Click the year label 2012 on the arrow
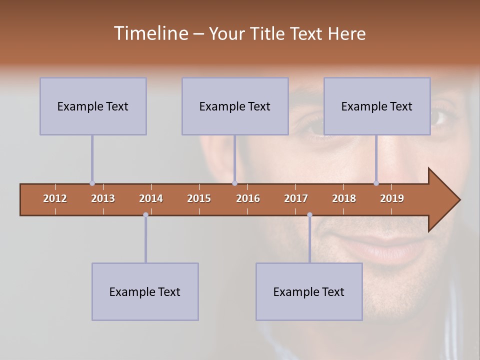point(55,198)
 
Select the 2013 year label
point(103,198)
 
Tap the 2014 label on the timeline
point(151,198)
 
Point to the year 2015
point(199,198)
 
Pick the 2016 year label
point(248,198)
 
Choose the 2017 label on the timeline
point(296,198)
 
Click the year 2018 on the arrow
point(344,198)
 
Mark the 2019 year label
point(392,198)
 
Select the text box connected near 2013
point(93,106)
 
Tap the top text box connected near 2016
point(235,106)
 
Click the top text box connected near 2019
point(377,106)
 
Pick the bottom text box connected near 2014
point(145,291)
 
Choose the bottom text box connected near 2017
point(309,291)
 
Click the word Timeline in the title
point(150,33)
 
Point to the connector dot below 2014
point(145,215)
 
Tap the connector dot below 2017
point(309,215)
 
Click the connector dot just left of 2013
point(92,183)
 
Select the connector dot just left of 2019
point(376,183)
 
